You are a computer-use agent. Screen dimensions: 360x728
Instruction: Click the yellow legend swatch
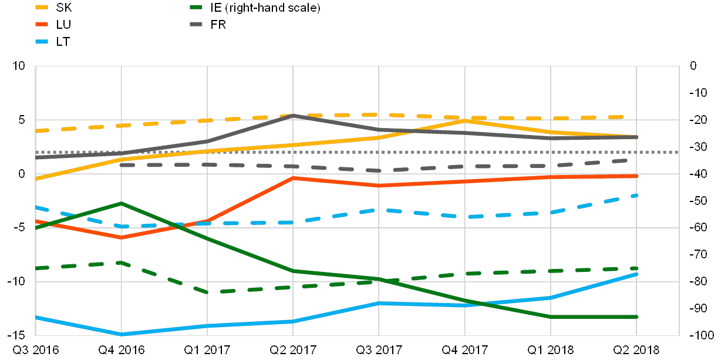point(42,7)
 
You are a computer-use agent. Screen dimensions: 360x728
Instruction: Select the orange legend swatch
point(42,24)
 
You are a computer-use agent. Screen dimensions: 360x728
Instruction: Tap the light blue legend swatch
point(42,41)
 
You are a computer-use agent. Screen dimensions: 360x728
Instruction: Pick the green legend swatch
point(196,7)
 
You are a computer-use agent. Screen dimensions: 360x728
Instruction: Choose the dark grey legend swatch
point(196,24)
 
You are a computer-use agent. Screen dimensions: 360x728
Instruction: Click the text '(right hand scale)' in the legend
point(272,8)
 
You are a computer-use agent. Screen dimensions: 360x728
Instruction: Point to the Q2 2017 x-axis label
point(293,349)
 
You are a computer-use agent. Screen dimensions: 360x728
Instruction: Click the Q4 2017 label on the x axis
point(465,349)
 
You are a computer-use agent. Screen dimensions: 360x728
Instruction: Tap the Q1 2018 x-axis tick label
point(551,349)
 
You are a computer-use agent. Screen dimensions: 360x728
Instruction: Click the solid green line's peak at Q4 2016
point(122,203)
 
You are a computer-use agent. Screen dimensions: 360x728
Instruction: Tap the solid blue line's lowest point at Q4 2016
point(122,334)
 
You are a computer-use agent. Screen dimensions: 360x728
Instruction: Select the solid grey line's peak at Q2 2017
point(293,115)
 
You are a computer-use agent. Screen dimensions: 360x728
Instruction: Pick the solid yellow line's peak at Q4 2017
point(465,120)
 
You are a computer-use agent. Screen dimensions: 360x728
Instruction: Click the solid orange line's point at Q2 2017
point(293,178)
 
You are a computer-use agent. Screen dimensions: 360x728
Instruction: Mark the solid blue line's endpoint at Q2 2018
point(637,274)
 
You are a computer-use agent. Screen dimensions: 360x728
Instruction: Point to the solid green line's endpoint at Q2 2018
point(637,317)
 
